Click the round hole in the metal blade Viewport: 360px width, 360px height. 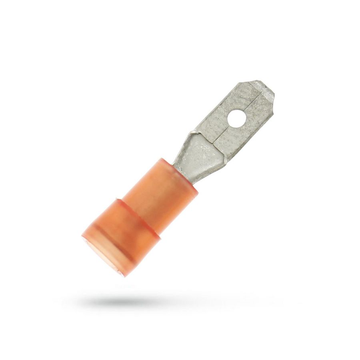[x=233, y=118]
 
